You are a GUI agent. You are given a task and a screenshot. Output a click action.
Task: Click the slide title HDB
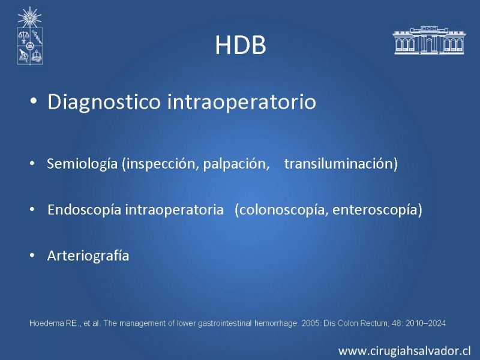pyautogui.click(x=241, y=46)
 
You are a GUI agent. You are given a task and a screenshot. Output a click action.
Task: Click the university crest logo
pyautogui.click(x=29, y=36)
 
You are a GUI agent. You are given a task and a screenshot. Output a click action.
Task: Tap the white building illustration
pyautogui.click(x=429, y=40)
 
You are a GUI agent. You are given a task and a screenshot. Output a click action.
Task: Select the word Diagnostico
pyautogui.click(x=104, y=102)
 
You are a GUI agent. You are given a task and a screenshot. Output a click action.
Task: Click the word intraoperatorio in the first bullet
pyautogui.click(x=242, y=101)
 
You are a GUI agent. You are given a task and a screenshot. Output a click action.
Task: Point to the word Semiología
pyautogui.click(x=82, y=164)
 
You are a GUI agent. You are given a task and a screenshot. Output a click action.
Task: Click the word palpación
pyautogui.click(x=236, y=164)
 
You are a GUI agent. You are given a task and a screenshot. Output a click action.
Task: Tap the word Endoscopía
pyautogui.click(x=84, y=210)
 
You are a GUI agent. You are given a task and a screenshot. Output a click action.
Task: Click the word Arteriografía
pyautogui.click(x=88, y=256)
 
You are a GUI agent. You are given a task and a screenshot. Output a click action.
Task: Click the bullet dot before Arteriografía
pyautogui.click(x=32, y=256)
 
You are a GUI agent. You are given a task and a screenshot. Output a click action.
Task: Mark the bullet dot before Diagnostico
pyautogui.click(x=34, y=101)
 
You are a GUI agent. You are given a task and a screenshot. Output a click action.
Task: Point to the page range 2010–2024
pyautogui.click(x=425, y=323)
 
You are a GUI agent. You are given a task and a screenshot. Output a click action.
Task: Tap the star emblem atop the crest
pyautogui.click(x=29, y=17)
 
